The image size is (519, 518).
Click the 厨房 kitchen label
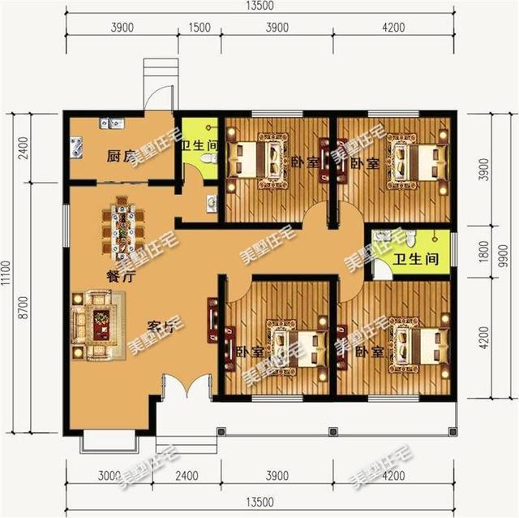[x=119, y=155]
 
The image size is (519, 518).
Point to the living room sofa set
[x=97, y=324]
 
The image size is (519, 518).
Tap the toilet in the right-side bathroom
[x=411, y=238]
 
